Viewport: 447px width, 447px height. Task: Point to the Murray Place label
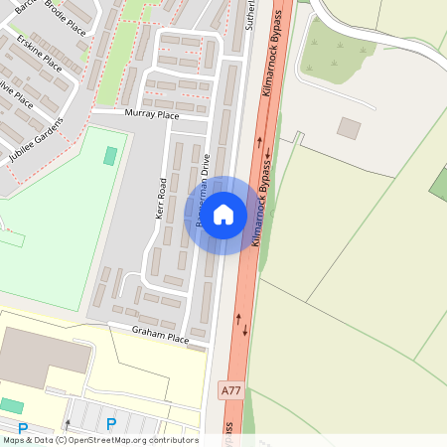[x=151, y=116]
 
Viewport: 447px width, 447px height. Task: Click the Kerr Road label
[x=161, y=199]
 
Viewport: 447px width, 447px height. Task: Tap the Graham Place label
[x=161, y=338]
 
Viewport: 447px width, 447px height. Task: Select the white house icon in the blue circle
[x=223, y=214]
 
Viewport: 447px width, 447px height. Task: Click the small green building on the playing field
[x=109, y=156]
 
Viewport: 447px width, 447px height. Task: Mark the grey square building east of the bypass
[x=349, y=128]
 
